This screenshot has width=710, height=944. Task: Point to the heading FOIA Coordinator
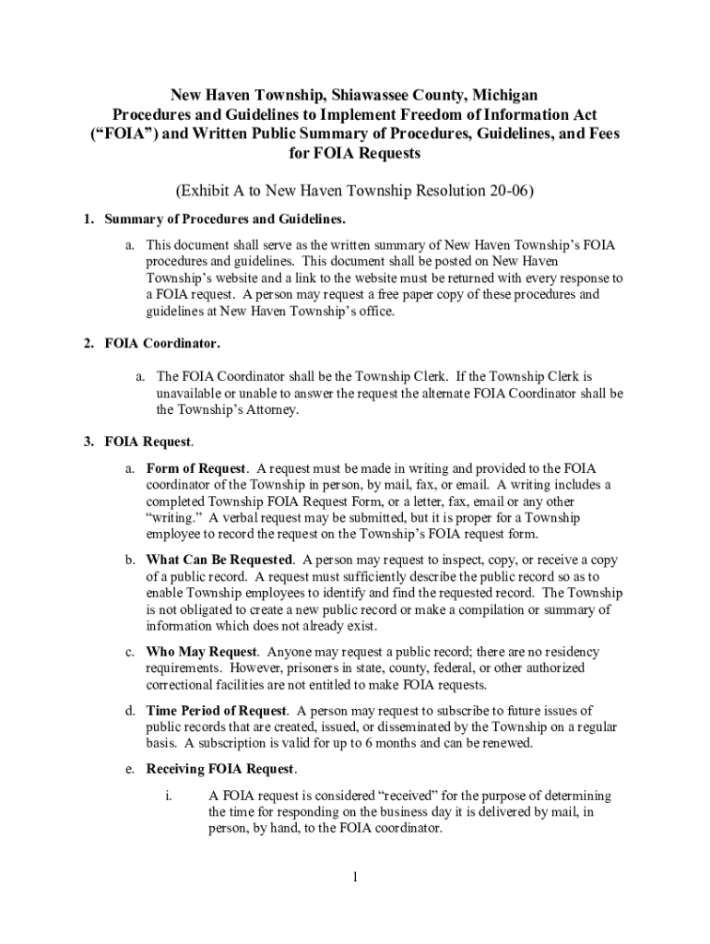click(162, 344)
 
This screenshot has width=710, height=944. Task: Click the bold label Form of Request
click(196, 468)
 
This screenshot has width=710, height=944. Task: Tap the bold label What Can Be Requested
click(220, 560)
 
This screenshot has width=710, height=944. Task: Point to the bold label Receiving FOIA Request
click(221, 769)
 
